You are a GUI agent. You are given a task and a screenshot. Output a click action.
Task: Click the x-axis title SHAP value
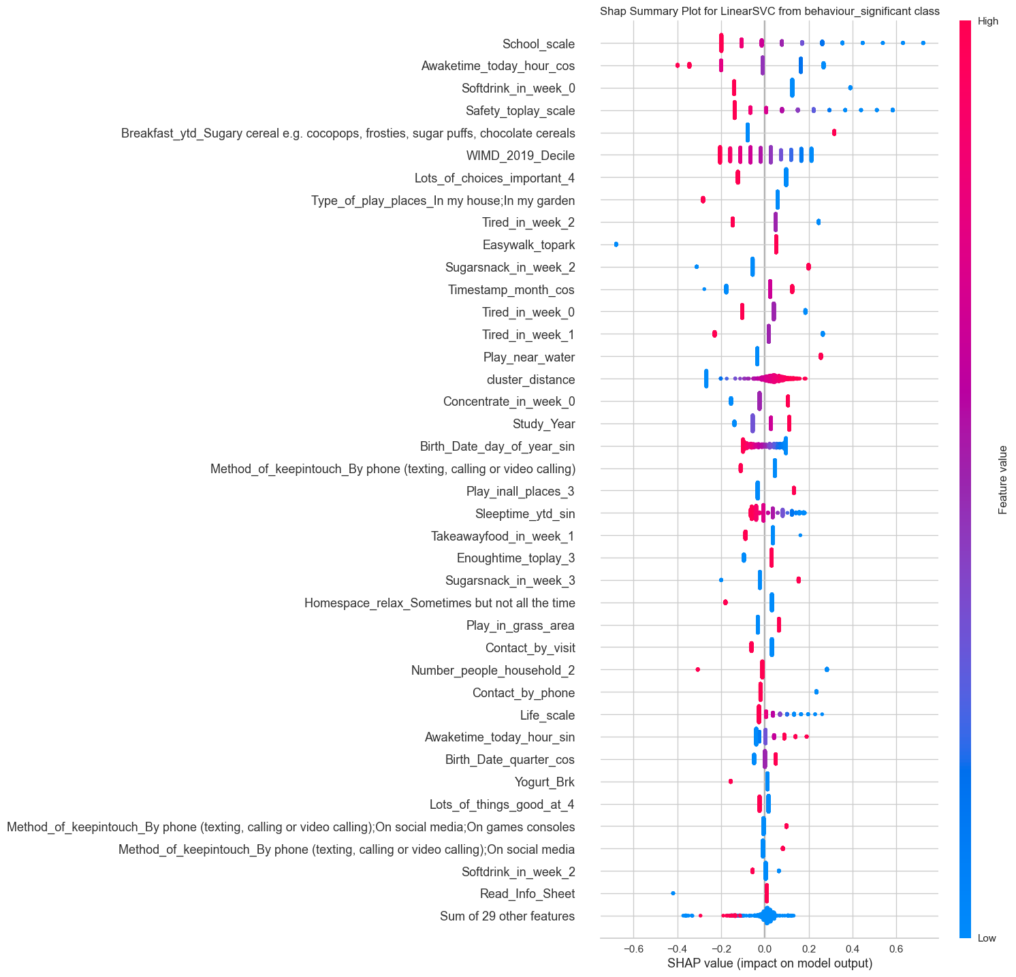coord(769,963)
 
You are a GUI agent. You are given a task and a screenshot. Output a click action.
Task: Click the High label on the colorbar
coord(987,21)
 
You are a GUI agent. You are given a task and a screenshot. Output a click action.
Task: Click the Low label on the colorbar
coord(987,938)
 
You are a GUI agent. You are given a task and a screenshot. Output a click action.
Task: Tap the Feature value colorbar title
coord(1002,479)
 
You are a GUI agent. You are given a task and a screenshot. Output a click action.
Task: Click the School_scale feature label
coord(538,44)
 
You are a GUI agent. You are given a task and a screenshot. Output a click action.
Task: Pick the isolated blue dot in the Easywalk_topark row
coord(616,244)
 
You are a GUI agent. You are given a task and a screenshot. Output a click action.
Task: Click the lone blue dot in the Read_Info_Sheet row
coord(673,893)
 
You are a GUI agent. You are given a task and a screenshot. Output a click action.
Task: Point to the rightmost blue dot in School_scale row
coord(923,43)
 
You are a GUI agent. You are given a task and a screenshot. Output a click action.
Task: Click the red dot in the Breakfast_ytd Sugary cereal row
coord(834,132)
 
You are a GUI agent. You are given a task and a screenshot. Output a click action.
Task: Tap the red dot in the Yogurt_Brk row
coord(731,781)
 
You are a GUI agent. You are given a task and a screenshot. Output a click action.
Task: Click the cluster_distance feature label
coord(530,379)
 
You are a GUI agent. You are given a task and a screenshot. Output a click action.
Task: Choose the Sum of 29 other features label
coord(507,916)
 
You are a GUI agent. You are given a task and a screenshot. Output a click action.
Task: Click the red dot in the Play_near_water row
coord(821,356)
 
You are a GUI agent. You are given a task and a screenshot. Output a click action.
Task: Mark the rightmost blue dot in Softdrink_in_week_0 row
coord(850,88)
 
